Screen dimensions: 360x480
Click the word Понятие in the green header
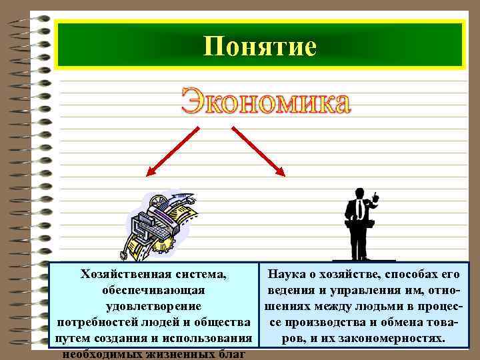tap(259, 46)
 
